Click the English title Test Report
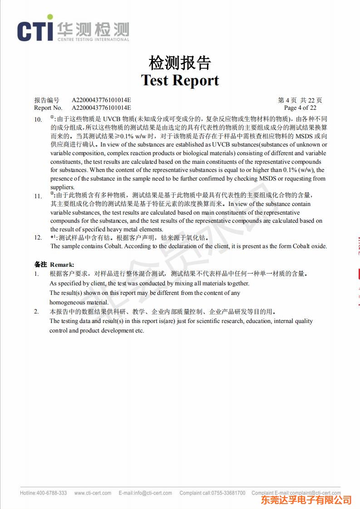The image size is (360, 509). (180, 80)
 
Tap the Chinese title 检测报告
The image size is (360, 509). (180, 63)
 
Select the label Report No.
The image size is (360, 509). (48, 108)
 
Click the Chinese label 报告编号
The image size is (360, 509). (47, 100)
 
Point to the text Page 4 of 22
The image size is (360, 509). (300, 108)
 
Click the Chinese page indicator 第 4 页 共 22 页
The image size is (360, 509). (300, 100)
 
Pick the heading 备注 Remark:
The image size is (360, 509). (54, 264)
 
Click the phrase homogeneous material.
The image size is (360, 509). (79, 302)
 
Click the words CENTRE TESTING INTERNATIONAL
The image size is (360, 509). (93, 39)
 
